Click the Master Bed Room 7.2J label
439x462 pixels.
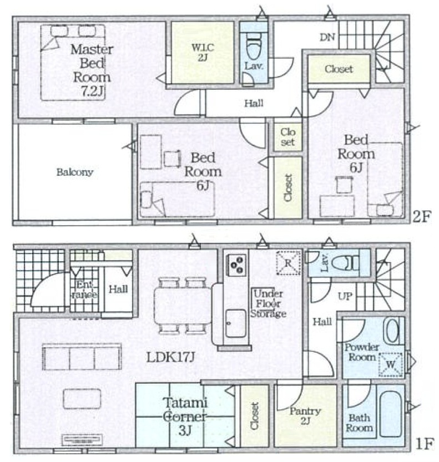pos(92,70)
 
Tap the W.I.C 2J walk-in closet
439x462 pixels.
pos(203,53)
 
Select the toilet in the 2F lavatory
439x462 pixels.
pos(253,46)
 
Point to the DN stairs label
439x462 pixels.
pos(327,37)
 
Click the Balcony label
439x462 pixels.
pos(75,172)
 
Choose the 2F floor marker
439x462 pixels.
pos(422,217)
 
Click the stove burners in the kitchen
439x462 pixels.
pos(236,265)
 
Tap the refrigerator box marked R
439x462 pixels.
pos(288,263)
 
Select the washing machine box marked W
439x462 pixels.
pos(391,364)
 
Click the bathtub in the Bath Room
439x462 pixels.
pos(391,414)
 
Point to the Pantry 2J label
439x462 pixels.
pos(305,416)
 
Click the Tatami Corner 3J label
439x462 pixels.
pos(185,417)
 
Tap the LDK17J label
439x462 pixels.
pos(171,357)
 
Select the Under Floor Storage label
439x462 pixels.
pos(268,303)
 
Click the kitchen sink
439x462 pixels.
pos(235,323)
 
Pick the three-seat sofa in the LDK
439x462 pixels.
pos(82,357)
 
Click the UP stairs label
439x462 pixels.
pos(345,296)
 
